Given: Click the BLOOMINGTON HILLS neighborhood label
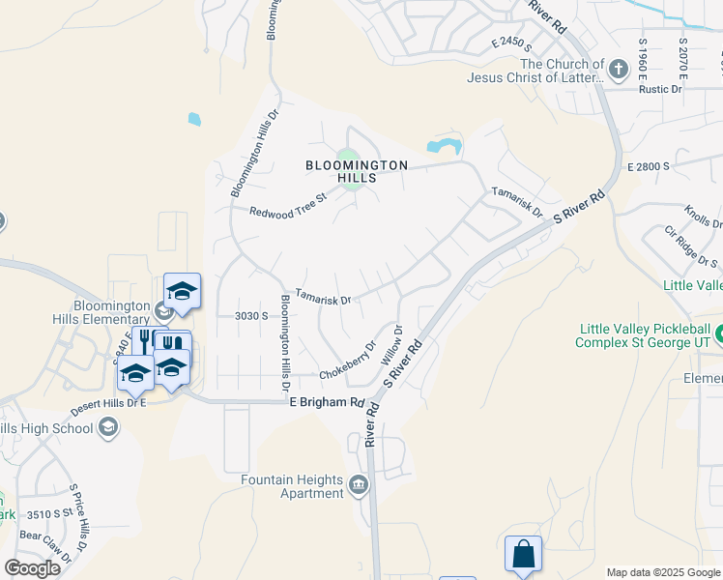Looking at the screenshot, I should click(x=357, y=171).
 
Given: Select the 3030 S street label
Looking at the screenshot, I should click(x=250, y=315).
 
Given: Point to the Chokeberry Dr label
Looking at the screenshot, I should click(x=348, y=362).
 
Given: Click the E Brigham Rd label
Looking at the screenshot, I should click(x=327, y=402).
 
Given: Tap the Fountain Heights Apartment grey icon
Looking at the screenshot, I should click(x=359, y=484).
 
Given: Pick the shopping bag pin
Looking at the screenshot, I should click(x=523, y=555).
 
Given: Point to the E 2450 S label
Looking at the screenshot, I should click(x=512, y=43).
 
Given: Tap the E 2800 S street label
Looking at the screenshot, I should click(x=649, y=166).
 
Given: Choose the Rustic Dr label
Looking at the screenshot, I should click(x=662, y=89).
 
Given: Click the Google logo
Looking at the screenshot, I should click(x=32, y=568).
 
